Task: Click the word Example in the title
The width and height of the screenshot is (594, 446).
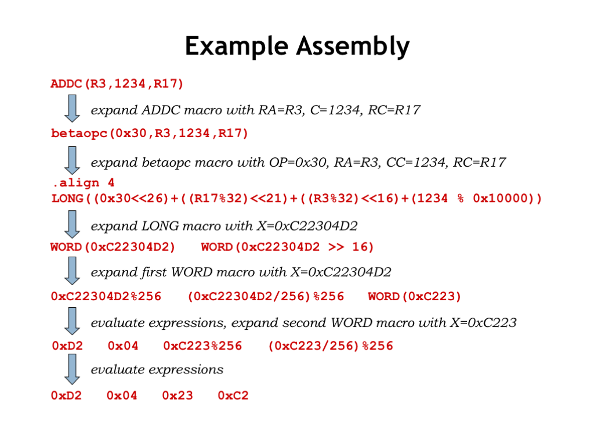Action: point(237,46)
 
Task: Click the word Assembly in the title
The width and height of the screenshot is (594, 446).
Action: point(353,46)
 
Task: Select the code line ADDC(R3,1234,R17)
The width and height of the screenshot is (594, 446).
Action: point(117,84)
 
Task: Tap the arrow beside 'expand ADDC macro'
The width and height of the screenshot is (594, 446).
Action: point(72,109)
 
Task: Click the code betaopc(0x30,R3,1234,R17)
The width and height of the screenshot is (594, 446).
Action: point(150,134)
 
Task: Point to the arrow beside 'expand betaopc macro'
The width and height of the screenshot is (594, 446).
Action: point(72,160)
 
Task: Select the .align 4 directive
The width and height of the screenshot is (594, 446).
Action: point(84,183)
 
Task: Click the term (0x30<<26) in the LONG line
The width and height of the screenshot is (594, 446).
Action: point(131,199)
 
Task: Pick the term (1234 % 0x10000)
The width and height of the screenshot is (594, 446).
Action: point(473,199)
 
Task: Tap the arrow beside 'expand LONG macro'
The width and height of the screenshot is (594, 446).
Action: point(72,224)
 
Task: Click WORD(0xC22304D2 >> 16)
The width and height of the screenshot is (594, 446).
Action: point(288,247)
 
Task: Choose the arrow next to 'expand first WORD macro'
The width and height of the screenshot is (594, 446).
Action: point(72,271)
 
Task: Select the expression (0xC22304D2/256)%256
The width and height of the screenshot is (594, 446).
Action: point(266,297)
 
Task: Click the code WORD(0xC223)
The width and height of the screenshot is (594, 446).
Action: point(415,297)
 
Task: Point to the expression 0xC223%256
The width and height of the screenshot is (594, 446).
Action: point(202,346)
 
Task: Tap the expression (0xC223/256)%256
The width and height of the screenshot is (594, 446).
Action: point(331,346)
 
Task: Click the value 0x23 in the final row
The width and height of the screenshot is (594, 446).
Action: point(178,395)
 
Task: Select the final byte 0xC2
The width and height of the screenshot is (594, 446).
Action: point(233,395)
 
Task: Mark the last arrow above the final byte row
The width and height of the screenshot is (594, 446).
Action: point(72,369)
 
